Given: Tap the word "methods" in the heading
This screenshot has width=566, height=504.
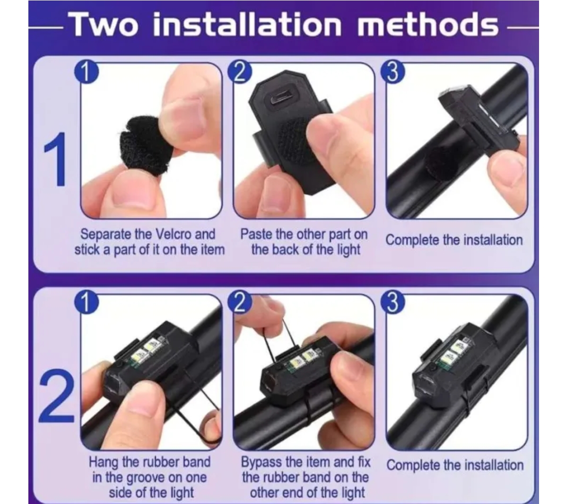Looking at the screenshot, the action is click(428, 24).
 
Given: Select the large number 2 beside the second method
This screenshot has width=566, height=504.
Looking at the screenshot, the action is click(56, 396).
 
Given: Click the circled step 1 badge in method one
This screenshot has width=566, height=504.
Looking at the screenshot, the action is click(86, 72).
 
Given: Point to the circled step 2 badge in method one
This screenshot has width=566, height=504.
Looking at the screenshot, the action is click(240, 72).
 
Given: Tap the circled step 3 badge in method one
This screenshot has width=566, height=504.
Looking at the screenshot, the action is click(392, 72).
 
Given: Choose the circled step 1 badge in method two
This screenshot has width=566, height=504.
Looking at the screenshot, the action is click(86, 302).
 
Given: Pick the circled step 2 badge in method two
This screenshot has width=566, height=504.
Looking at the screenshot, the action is click(240, 302).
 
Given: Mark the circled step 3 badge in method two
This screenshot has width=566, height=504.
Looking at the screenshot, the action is click(392, 302).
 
